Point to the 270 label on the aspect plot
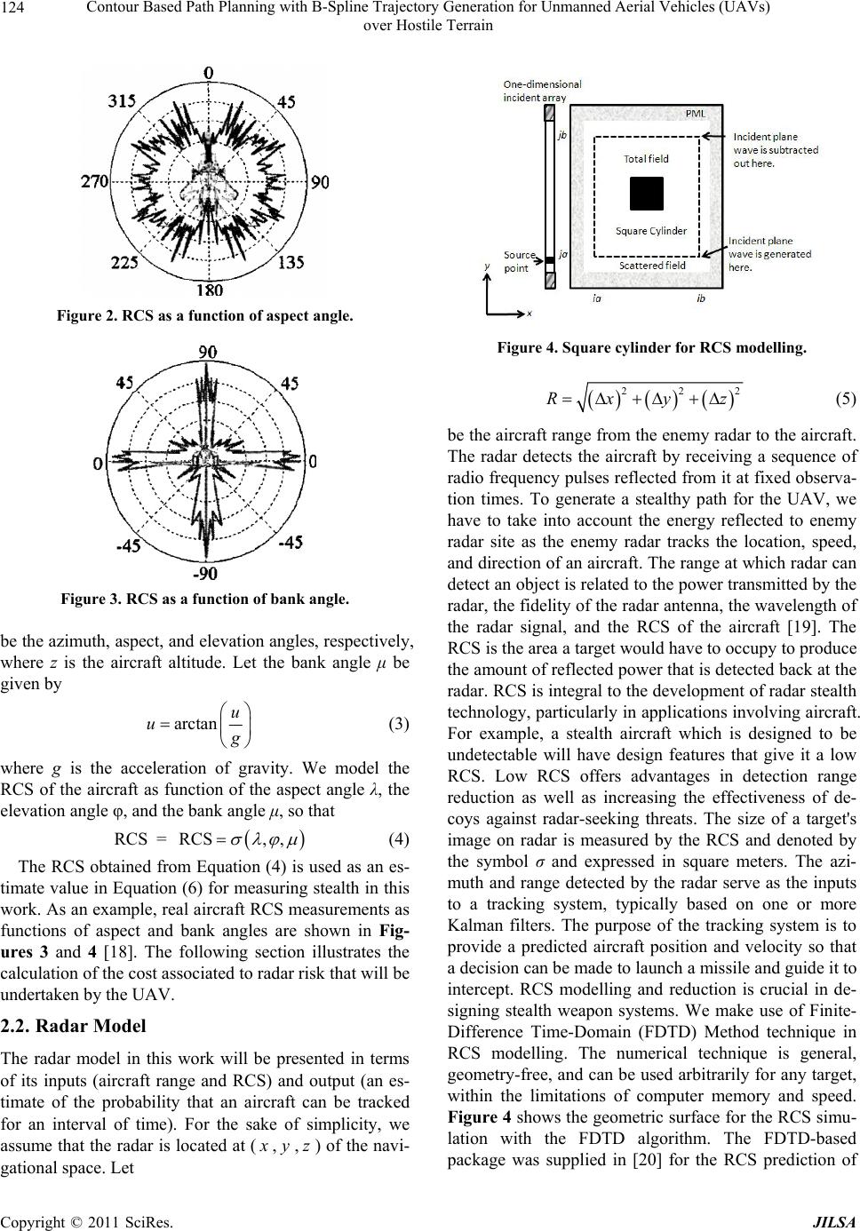coord(94,182)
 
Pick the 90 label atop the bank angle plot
coord(206,353)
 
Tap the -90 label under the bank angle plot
coord(205,573)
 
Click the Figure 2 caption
coord(204,316)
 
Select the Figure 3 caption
coord(204,600)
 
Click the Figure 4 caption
coord(652,349)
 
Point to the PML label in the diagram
coord(697,115)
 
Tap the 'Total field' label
coord(646,159)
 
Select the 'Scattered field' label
coord(652,265)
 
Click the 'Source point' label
coord(519,261)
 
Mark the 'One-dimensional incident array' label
coord(542,91)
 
